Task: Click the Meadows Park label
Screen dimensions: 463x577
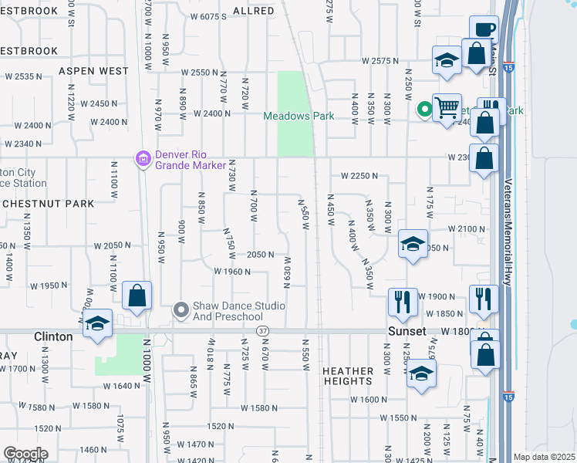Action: tap(299, 116)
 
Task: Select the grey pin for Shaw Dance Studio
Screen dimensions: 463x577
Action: tap(181, 310)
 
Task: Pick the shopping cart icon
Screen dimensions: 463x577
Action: tap(447, 107)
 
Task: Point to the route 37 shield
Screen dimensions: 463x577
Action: tap(263, 331)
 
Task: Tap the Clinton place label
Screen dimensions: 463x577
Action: tap(54, 336)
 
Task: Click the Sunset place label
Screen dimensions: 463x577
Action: tap(407, 331)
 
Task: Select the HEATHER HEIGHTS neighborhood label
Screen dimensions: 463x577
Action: tap(348, 376)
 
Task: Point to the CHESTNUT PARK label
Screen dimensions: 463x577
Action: tap(48, 204)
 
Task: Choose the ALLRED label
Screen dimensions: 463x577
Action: tap(253, 11)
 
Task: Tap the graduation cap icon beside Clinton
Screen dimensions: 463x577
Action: tap(98, 323)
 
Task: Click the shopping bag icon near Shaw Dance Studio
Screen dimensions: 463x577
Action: tap(137, 296)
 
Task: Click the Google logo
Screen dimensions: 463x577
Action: tap(25, 454)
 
